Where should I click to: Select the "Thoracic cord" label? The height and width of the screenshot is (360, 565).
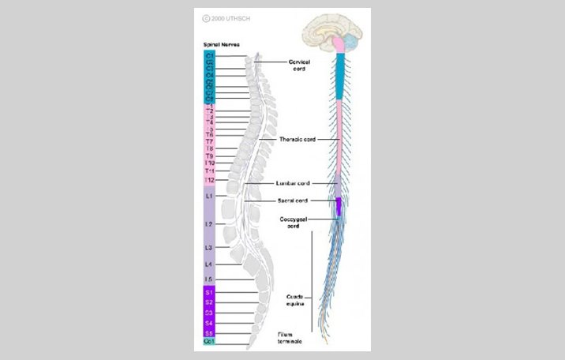click(297, 139)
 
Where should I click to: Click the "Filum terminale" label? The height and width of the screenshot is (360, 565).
click(290, 339)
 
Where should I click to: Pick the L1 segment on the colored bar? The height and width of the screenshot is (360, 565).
click(209, 195)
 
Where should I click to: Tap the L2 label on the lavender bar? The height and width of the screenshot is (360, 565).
click(209, 224)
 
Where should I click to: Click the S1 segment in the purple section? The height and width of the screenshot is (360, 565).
click(209, 293)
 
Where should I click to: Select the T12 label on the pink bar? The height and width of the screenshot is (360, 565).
click(209, 181)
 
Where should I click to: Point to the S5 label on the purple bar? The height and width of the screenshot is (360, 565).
click(209, 333)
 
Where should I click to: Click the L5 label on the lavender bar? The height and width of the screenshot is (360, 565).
click(209, 279)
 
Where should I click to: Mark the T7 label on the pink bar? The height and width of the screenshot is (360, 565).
click(209, 141)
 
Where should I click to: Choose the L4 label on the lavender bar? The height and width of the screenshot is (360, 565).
click(209, 264)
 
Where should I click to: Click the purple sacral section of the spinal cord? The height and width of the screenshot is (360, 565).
click(339, 206)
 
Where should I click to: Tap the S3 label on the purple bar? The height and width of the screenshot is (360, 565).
click(209, 313)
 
